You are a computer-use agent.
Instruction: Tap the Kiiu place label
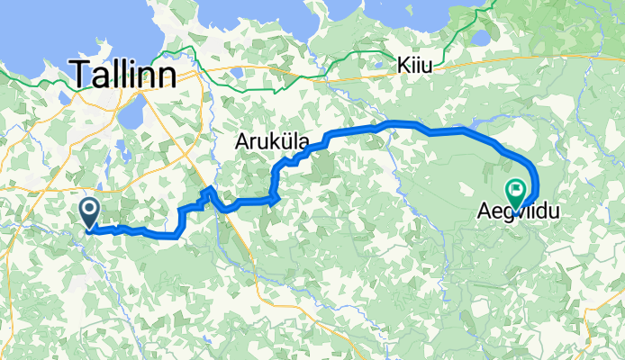(x=415, y=66)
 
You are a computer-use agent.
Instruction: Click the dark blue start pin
(x=91, y=213)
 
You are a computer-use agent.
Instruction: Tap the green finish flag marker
(x=517, y=191)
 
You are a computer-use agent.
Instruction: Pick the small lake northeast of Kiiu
(x=480, y=39)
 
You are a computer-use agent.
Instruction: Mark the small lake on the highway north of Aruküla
(x=236, y=72)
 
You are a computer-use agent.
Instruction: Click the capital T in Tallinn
(x=83, y=74)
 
